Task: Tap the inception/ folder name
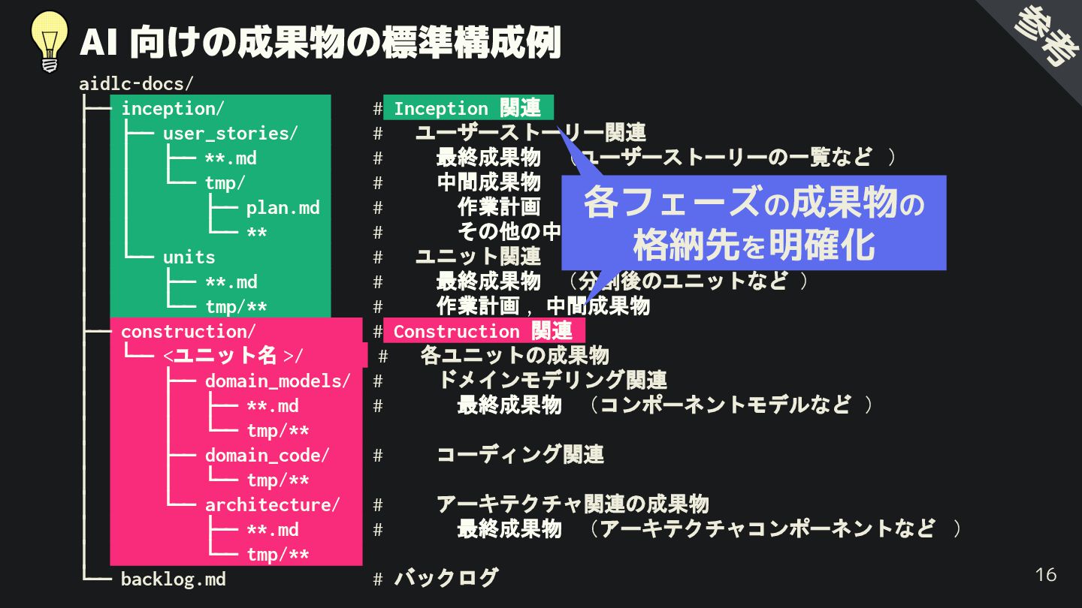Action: click(x=172, y=108)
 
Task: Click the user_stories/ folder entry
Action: click(x=230, y=133)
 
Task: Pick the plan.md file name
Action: click(x=283, y=207)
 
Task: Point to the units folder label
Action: click(x=189, y=257)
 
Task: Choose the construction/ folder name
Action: click(x=188, y=331)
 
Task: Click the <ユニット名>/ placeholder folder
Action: click(x=233, y=355)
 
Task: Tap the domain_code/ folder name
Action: click(x=267, y=455)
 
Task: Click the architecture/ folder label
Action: click(x=272, y=504)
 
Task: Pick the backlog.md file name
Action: click(x=173, y=579)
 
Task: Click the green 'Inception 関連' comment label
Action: click(x=467, y=108)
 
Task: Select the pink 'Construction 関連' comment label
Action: click(x=483, y=331)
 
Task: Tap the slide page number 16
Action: click(x=1045, y=575)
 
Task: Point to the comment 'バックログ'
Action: click(x=446, y=578)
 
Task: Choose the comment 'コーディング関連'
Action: click(x=520, y=454)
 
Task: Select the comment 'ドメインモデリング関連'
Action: click(x=552, y=380)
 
